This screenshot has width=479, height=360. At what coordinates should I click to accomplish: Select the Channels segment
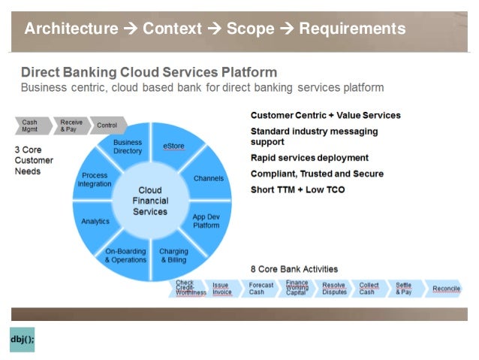pyautogui.click(x=208, y=179)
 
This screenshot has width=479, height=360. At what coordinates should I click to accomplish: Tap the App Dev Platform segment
pyautogui.click(x=205, y=221)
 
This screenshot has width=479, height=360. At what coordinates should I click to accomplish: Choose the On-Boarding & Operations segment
pyautogui.click(x=125, y=256)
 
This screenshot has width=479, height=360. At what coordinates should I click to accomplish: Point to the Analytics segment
pyautogui.click(x=95, y=221)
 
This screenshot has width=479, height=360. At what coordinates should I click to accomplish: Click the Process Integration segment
pyautogui.click(x=95, y=180)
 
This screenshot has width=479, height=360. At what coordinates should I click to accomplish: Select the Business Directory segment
pyautogui.click(x=128, y=147)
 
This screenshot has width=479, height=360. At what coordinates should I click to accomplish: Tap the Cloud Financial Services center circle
pyautogui.click(x=150, y=201)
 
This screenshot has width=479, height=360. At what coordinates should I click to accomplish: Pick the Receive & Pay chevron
pyautogui.click(x=71, y=125)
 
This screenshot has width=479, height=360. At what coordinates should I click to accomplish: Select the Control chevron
pyautogui.click(x=107, y=125)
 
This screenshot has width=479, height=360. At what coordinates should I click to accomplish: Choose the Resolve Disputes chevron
pyautogui.click(x=333, y=289)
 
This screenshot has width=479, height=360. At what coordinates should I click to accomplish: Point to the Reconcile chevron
pyautogui.click(x=446, y=289)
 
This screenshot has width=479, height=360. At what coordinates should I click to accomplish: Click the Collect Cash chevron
pyautogui.click(x=369, y=289)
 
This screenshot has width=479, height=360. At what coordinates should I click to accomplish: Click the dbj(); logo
pyautogui.click(x=22, y=340)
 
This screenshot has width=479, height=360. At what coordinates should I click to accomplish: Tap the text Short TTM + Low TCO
pyautogui.click(x=298, y=189)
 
